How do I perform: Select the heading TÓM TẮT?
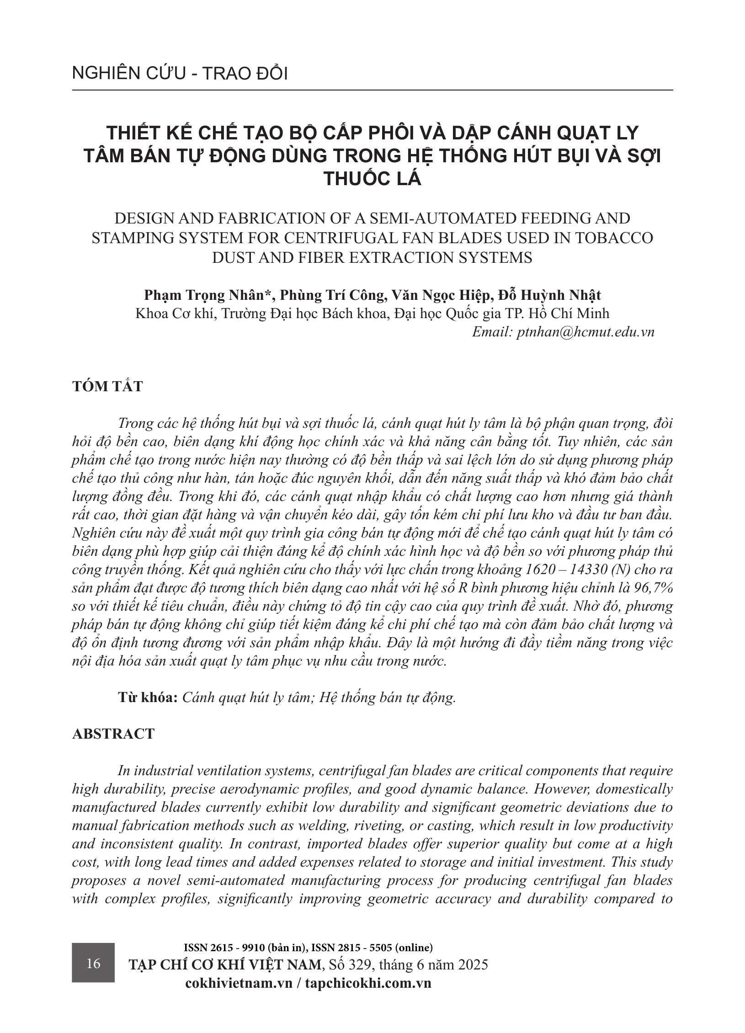pyautogui.click(x=107, y=386)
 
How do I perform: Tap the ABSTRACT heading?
pyautogui.click(x=113, y=734)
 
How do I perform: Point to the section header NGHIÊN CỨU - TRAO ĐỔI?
pyautogui.click(x=180, y=74)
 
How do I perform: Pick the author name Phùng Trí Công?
pyautogui.click(x=331, y=295)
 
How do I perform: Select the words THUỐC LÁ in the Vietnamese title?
pyautogui.click(x=372, y=179)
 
